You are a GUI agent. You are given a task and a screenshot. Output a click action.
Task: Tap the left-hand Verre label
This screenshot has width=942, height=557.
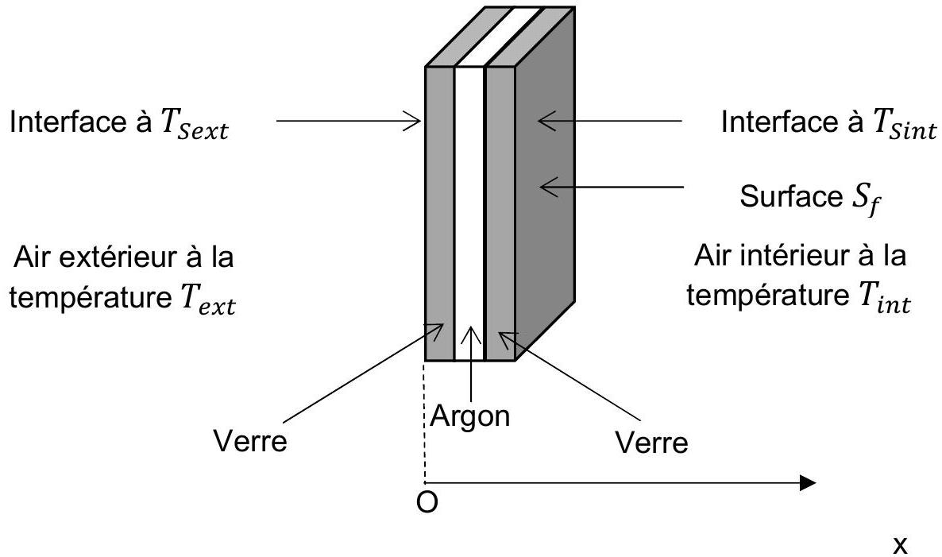(x=250, y=441)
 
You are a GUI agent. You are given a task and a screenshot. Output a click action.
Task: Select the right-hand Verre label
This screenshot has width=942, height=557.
(x=652, y=443)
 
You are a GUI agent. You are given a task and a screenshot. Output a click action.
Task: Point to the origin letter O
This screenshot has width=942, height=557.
(x=427, y=502)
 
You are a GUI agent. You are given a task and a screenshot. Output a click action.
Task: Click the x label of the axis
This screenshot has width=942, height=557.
(x=900, y=545)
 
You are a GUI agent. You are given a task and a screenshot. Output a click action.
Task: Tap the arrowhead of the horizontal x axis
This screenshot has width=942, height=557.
(x=808, y=482)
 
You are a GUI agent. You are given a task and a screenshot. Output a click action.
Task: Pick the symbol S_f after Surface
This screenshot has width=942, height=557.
(x=867, y=199)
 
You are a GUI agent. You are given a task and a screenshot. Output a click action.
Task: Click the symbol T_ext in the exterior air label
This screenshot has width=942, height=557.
(x=207, y=300)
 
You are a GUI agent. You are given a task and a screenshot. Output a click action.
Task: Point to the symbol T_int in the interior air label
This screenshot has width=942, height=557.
(x=881, y=297)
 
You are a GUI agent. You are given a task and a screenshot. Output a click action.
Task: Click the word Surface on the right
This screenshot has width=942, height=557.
(x=792, y=196)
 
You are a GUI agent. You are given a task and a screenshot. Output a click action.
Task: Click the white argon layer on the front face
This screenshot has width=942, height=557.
(x=469, y=213)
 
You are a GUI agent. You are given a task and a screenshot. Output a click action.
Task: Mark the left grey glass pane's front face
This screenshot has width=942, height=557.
(x=440, y=213)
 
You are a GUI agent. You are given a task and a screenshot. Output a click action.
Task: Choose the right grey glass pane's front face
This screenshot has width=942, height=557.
(x=500, y=213)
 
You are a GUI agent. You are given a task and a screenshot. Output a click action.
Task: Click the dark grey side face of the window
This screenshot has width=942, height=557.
(x=545, y=184)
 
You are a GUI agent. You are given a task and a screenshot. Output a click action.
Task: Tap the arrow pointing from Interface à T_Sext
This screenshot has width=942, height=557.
(x=349, y=121)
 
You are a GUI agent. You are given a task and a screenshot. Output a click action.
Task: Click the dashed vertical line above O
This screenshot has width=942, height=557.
(x=426, y=422)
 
